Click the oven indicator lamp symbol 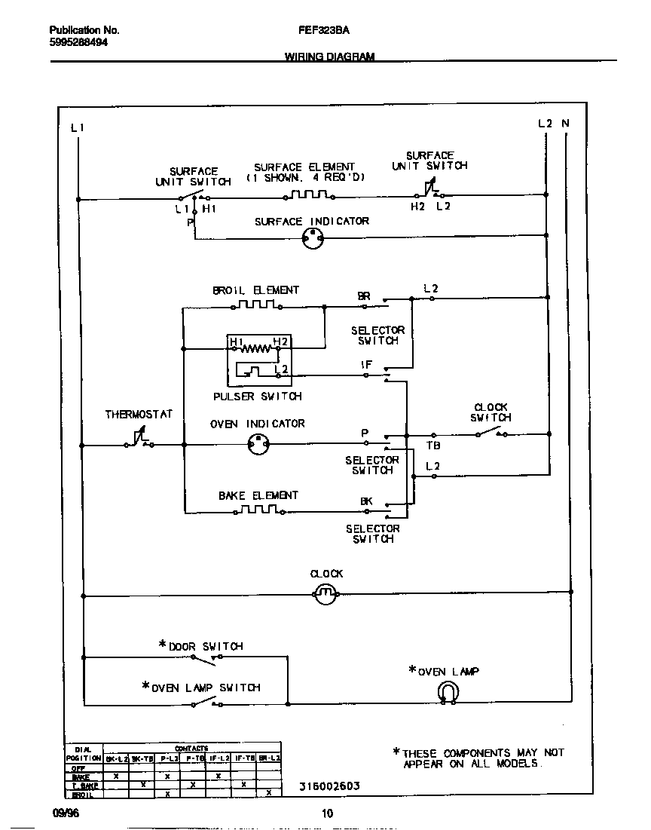point(258,446)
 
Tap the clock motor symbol point(325,595)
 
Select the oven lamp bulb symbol point(448,691)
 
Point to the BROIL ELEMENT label point(255,290)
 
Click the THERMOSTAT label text point(139,415)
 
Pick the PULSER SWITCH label point(257,397)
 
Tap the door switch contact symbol point(203,660)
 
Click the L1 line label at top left point(77,127)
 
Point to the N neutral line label point(566,123)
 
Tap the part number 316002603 point(329,786)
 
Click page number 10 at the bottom point(327,813)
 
